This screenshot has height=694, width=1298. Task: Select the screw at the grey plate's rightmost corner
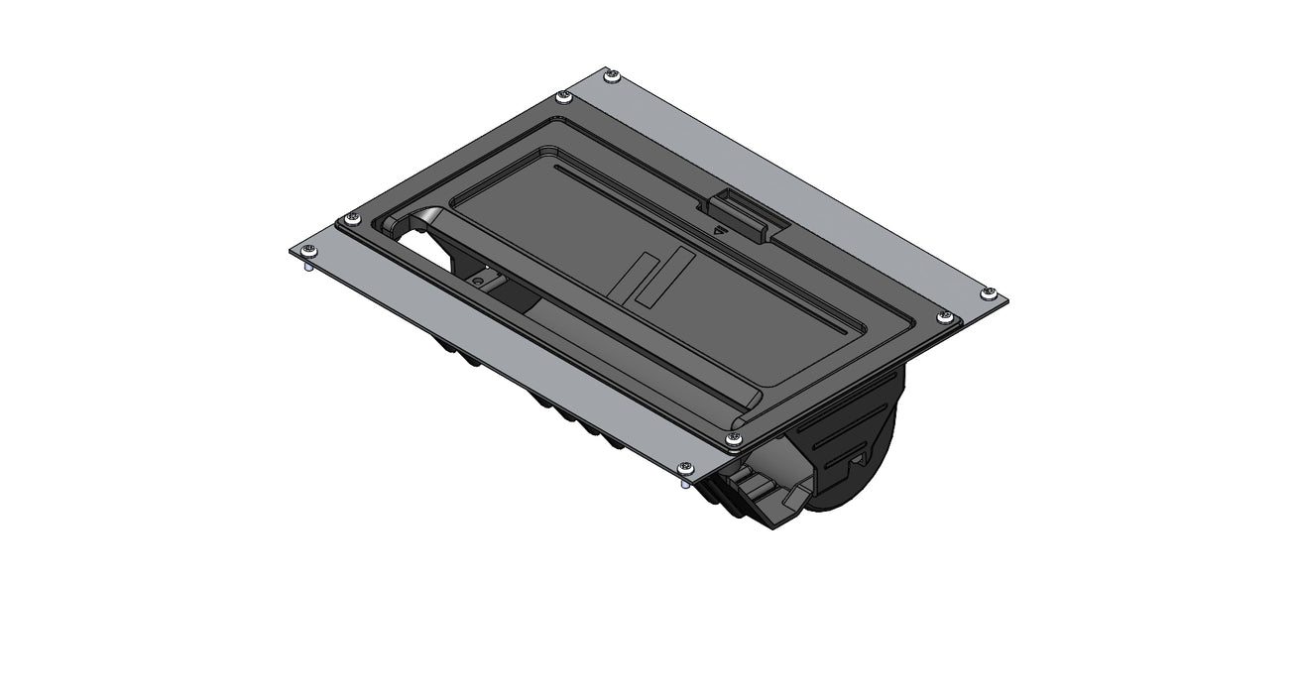pos(989,292)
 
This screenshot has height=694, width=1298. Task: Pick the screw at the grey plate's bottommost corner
pos(683,467)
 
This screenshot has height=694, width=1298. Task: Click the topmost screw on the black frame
pos(564,96)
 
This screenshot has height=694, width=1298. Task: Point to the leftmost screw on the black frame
pos(350,219)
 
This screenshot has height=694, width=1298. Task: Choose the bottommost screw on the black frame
pos(732,438)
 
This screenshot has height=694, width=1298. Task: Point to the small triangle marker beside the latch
pos(720,227)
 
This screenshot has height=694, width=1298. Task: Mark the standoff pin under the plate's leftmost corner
pos(307,265)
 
